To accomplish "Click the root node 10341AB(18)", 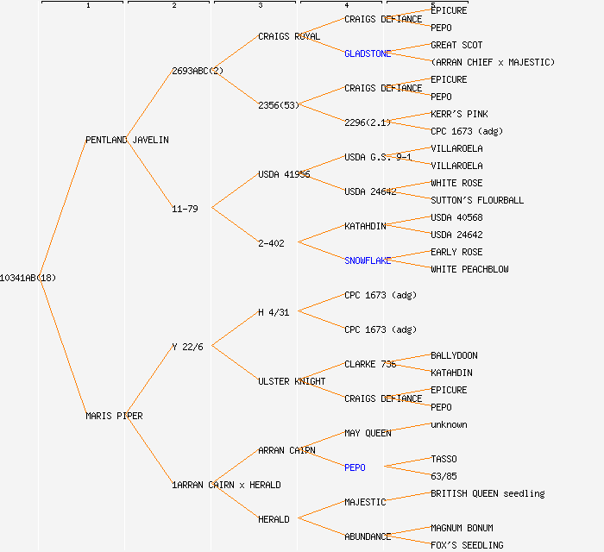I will [x=28, y=278].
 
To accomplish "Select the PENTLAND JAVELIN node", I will [x=127, y=140].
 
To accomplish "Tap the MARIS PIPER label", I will [x=114, y=416].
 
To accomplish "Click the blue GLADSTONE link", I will [x=368, y=53].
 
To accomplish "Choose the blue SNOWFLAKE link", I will [x=368, y=260].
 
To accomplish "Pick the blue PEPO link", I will [x=355, y=467].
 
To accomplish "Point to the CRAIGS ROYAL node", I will [x=289, y=36].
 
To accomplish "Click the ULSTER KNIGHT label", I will [x=292, y=381].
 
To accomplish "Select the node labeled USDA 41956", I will [x=284, y=174].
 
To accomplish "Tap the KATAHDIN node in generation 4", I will [x=365, y=226].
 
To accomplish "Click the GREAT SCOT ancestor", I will [x=456, y=45].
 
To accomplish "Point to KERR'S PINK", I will [x=459, y=114].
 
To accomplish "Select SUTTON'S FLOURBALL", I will [x=477, y=200].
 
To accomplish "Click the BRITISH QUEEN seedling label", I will [x=488, y=493].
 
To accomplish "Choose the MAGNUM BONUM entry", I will [x=462, y=528].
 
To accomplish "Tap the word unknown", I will [x=449, y=424].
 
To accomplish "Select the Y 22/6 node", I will [x=187, y=347].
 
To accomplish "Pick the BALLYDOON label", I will [x=454, y=355].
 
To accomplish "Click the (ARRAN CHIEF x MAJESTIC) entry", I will [x=493, y=62].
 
